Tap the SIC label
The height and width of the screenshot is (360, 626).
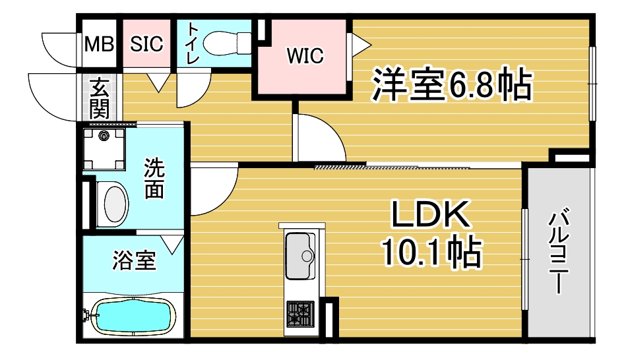146,44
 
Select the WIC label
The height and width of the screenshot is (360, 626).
304,56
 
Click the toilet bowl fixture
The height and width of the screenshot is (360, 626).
222,44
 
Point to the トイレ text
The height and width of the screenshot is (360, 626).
193,44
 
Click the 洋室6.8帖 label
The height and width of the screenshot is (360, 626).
452,86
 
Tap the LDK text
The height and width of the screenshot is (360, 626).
432,216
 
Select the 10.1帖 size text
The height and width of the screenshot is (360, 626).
432,251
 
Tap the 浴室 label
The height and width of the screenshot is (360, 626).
134,261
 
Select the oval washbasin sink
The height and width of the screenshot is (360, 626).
115,204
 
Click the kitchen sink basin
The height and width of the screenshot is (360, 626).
300,255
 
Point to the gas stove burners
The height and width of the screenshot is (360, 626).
300,312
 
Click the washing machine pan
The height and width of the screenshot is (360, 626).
104,150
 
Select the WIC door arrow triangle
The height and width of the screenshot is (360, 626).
360,45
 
